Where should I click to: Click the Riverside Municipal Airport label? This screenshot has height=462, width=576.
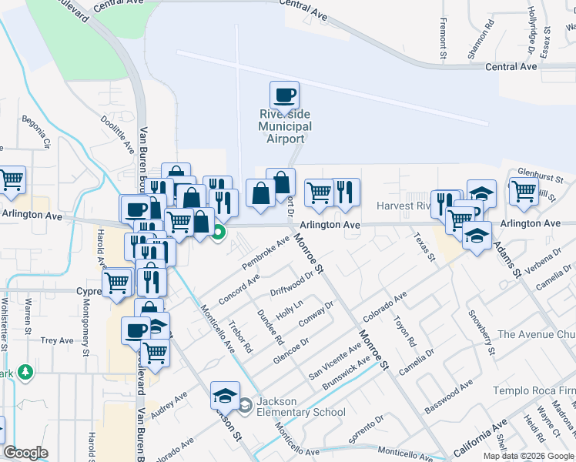[x=285, y=126]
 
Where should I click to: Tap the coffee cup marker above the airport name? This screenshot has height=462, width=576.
[x=283, y=95]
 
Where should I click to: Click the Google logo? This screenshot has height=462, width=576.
[x=25, y=453]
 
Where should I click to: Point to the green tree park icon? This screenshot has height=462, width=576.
[x=25, y=372]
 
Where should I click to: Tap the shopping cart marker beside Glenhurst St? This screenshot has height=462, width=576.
[x=524, y=190]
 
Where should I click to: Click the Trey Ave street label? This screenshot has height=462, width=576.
[x=56, y=340]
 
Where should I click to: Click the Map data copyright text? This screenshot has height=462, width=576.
[x=528, y=455]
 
